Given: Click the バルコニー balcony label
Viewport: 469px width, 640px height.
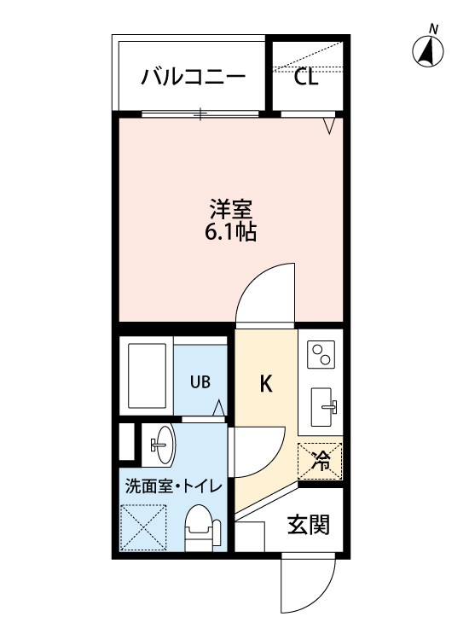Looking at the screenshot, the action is tap(194, 78).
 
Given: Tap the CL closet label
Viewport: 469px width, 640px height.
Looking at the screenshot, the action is tap(306, 77).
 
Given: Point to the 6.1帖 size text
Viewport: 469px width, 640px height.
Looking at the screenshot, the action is tap(230, 232).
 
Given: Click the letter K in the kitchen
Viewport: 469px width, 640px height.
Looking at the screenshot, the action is tap(266, 384).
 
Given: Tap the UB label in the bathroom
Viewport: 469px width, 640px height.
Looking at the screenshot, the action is tap(200, 381).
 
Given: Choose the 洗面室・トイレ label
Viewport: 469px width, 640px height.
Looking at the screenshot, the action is tap(174, 486).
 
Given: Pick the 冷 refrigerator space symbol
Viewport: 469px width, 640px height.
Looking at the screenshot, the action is tap(320, 461).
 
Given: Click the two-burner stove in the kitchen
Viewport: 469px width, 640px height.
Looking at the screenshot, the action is tap(321, 354).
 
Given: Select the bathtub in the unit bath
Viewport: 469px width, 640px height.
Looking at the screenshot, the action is tap(148, 376).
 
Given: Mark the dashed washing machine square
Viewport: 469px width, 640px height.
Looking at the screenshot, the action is tap(144, 527).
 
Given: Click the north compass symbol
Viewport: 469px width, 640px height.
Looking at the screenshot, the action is tap(428, 52).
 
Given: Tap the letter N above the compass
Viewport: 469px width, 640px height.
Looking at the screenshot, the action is tap(434, 29).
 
